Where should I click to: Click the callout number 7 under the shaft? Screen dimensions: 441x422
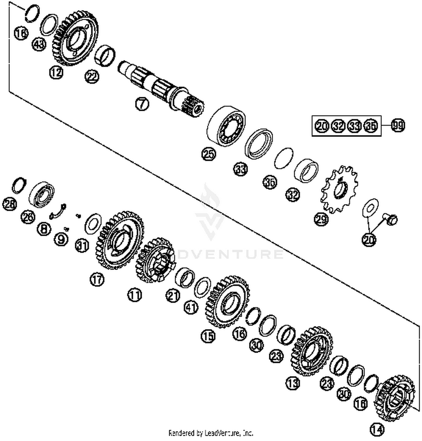coord(142,104)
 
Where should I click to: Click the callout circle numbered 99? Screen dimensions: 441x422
coord(398,125)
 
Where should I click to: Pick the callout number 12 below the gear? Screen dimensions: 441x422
coord(56,73)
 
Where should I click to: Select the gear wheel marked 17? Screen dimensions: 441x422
coord(120,240)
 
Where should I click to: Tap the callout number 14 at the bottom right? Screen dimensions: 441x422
coord(377,429)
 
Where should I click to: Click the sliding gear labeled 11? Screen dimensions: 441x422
coord(155,260)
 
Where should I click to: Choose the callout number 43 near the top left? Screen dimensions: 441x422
coord(39,44)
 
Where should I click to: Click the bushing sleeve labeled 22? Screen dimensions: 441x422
coord(105,55)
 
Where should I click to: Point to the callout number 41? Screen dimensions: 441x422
coord(191,307)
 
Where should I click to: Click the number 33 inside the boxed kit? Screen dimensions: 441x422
coord(354,126)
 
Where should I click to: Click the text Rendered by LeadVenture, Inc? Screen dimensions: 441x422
coord(211,433)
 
